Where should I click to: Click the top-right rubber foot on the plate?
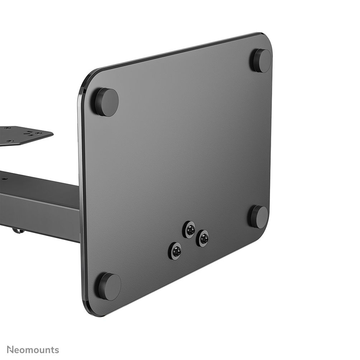point(261,60)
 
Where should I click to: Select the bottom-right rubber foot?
point(259,217)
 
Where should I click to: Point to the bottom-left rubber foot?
point(108,286)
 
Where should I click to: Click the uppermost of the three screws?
point(190,230)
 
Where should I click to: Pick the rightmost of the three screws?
point(203,238)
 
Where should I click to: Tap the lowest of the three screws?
point(176,251)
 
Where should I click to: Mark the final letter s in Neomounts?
point(56,350)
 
